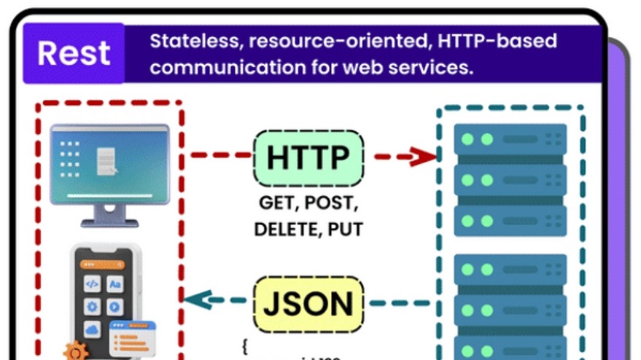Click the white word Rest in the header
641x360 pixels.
74,53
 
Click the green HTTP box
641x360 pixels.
308,157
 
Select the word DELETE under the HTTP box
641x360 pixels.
284,230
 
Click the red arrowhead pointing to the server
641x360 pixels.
424,156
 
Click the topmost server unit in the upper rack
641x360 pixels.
510,138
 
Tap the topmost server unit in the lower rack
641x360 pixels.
510,270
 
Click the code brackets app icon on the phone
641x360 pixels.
92,284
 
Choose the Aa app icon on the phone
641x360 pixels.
115,284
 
